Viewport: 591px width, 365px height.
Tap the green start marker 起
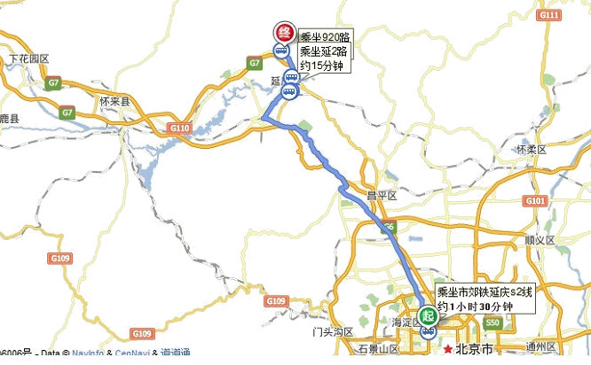[x=429, y=315]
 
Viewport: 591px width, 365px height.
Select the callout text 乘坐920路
[x=325, y=36]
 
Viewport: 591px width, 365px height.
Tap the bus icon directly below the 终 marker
[x=281, y=52]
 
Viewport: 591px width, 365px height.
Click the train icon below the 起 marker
[x=429, y=333]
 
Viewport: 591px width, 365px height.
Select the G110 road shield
[x=180, y=128]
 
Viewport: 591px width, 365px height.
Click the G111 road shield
[x=549, y=17]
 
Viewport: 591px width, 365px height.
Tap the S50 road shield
[x=492, y=325]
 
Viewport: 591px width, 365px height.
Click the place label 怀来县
[x=114, y=102]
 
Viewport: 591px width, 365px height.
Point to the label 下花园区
[x=28, y=58]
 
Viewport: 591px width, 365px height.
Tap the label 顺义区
[x=540, y=240]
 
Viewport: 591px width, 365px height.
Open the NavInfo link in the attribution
[x=90, y=353]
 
